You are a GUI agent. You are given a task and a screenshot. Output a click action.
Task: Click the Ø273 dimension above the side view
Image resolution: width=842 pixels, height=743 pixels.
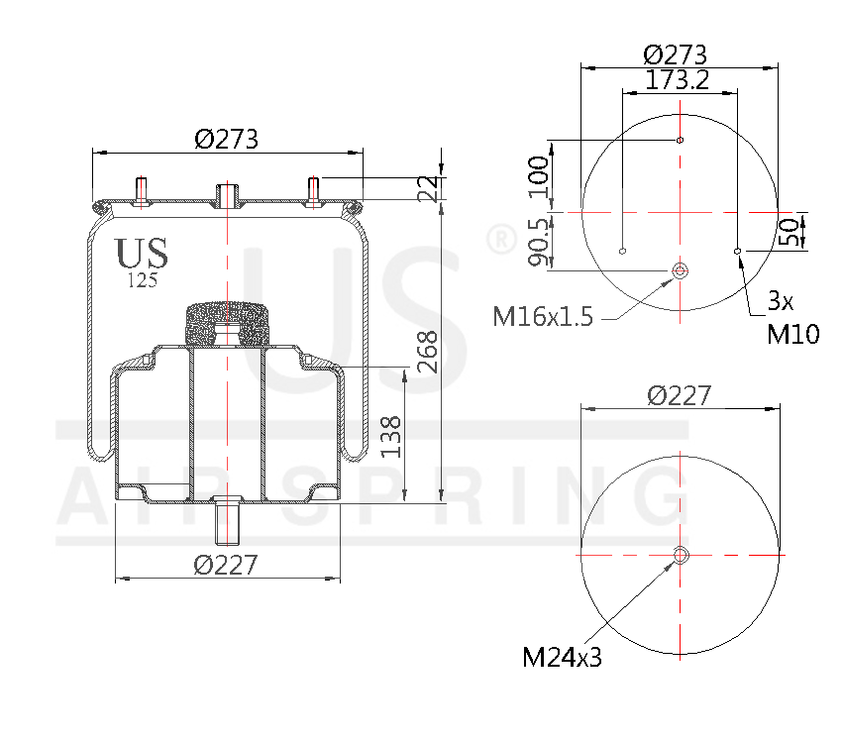[227, 140]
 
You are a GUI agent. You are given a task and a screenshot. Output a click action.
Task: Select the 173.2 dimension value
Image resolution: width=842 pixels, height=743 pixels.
[679, 80]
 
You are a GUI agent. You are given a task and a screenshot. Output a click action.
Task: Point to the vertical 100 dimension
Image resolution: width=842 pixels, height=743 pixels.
[538, 175]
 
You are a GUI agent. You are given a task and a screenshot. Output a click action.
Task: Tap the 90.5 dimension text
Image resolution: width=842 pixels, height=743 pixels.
[538, 243]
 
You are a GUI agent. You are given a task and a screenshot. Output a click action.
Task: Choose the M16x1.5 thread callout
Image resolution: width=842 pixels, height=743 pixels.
[543, 317]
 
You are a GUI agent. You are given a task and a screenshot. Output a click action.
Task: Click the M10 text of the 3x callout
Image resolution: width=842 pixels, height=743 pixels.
[793, 334]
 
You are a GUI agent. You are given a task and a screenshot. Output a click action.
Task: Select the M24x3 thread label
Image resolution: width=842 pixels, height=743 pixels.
[562, 657]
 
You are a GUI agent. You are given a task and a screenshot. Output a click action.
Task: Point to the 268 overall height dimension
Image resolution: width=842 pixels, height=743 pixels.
[428, 352]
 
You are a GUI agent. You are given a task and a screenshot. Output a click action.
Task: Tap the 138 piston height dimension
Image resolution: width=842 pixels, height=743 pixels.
[393, 436]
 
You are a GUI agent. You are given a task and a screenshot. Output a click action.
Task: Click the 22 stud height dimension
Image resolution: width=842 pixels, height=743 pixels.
[428, 187]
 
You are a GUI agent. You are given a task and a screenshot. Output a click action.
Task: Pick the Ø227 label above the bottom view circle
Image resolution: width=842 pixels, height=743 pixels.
[679, 395]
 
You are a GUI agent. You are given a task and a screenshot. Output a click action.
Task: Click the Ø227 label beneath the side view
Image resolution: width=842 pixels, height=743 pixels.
[227, 566]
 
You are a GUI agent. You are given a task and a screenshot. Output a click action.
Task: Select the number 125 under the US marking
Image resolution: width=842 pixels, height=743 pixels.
[143, 280]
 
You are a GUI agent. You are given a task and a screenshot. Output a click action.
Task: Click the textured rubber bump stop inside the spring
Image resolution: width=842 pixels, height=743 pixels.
[228, 321]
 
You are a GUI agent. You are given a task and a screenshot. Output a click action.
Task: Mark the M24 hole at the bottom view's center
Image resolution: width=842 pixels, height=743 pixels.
[681, 555]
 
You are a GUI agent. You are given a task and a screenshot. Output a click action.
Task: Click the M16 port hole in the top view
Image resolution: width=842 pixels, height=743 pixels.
[681, 271]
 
